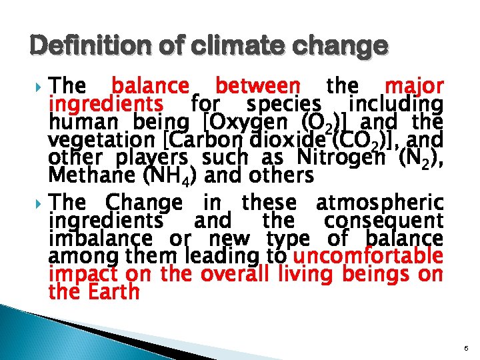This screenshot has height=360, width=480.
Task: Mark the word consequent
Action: pyautogui.click(x=384, y=219)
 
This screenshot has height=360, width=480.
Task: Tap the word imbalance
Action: pyautogui.click(x=91, y=237)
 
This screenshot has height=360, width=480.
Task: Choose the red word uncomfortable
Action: pyautogui.click(x=367, y=255)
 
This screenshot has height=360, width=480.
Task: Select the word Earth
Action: pyautogui.click(x=113, y=291)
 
